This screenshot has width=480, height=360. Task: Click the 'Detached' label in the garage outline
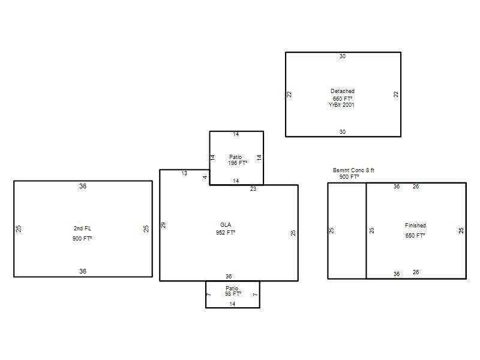[x=342, y=91]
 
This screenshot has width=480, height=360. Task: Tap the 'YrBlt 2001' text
[x=341, y=104]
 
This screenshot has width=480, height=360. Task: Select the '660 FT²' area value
[x=342, y=98]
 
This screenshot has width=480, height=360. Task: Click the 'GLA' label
[x=226, y=224]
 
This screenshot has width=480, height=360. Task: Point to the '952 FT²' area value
[x=226, y=233]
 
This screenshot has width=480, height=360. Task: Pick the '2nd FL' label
[x=82, y=229]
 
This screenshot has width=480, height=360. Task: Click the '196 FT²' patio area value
[x=238, y=163]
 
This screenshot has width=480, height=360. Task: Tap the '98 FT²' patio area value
[x=233, y=294]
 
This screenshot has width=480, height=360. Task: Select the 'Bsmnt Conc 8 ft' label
[x=353, y=170]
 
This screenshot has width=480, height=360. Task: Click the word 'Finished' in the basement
[x=415, y=226]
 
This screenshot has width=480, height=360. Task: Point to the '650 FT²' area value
[x=415, y=235]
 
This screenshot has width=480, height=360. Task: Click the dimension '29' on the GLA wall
[x=163, y=225]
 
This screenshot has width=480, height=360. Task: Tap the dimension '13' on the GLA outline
[x=184, y=173]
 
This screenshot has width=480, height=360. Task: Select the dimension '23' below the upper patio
[x=253, y=189]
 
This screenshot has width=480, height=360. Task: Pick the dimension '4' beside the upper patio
[x=205, y=177]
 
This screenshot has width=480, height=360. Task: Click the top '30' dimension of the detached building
[x=343, y=56]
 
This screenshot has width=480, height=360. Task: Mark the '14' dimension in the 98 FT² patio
[x=232, y=304]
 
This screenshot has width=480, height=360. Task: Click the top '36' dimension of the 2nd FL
[x=83, y=186]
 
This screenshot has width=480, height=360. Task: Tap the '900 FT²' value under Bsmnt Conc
[x=349, y=177]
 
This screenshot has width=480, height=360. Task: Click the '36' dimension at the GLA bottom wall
[x=229, y=277]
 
